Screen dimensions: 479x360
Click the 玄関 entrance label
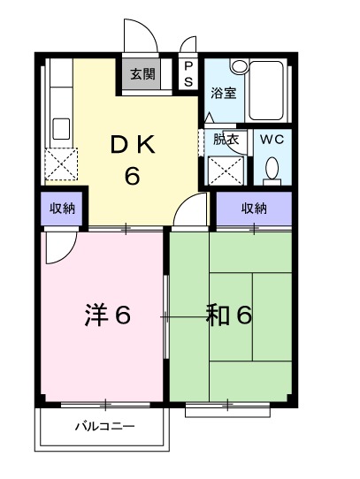point(142,74)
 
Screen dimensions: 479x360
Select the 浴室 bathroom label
point(223,93)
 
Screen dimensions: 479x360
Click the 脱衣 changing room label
point(225,138)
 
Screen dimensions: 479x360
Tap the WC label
point(272,139)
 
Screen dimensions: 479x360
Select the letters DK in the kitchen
point(132,144)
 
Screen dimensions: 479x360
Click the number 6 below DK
point(132,176)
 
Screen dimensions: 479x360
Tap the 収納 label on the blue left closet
point(62,209)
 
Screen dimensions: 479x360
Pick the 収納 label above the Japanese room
point(254,209)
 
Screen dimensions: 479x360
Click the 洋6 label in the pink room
point(108,315)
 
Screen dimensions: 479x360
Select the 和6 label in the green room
point(230,315)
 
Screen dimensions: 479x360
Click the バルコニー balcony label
point(103,426)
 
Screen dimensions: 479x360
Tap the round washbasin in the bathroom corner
point(239,66)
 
